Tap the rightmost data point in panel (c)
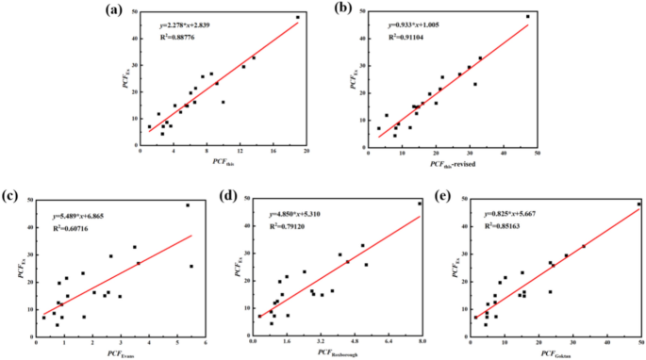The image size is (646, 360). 191,266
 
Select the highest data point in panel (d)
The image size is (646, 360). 421,204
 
